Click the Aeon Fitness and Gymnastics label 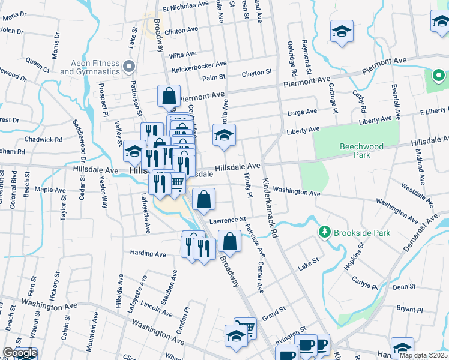pos(90,67)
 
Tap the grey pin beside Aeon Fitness pos(128,65)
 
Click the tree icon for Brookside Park pos(325,232)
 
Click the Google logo pos(19,353)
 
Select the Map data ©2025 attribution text pos(423,355)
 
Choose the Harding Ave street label pos(148,254)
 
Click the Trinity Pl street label pos(247,184)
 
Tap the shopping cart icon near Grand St pos(245,328)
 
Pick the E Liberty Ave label pos(426,112)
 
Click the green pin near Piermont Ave pos(438,77)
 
